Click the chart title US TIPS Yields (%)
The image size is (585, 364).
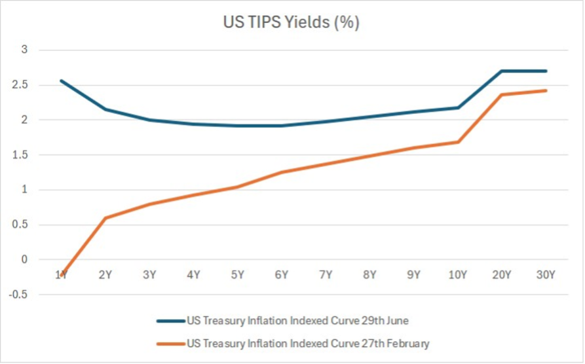click(292, 22)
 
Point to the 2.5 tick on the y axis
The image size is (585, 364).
click(20, 84)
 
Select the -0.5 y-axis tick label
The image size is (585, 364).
click(18, 294)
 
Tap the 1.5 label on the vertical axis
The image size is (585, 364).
click(20, 155)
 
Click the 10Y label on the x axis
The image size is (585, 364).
click(457, 275)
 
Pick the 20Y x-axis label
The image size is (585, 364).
click(501, 275)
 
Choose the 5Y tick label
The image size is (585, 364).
click(237, 275)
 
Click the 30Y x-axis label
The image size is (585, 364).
click(546, 275)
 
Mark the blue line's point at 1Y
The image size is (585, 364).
click(61, 81)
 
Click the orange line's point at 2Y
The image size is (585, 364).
click(105, 218)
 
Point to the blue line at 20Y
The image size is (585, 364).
click(501, 71)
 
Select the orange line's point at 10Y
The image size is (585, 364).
click(457, 142)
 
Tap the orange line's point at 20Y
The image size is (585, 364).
click(501, 95)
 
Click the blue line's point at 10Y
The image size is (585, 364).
click(457, 108)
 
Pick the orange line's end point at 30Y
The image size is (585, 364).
click(546, 90)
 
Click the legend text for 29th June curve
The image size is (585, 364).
click(297, 321)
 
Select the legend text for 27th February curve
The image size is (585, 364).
click(308, 343)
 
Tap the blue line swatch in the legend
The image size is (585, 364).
click(171, 321)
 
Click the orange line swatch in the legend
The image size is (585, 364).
click(171, 344)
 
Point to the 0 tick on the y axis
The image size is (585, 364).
click(24, 259)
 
